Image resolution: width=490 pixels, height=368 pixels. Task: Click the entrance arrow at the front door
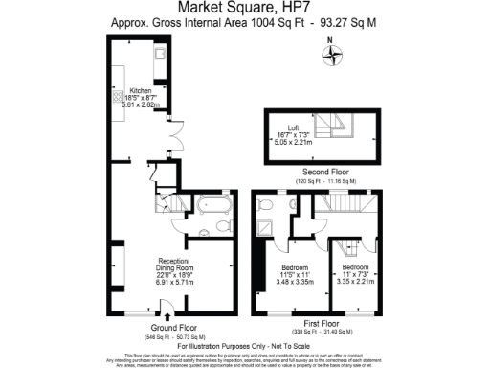pos(168,317)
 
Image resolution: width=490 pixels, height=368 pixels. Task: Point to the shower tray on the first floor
pos(266,229)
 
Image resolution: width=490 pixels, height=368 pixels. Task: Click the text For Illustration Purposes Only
pos(244,345)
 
